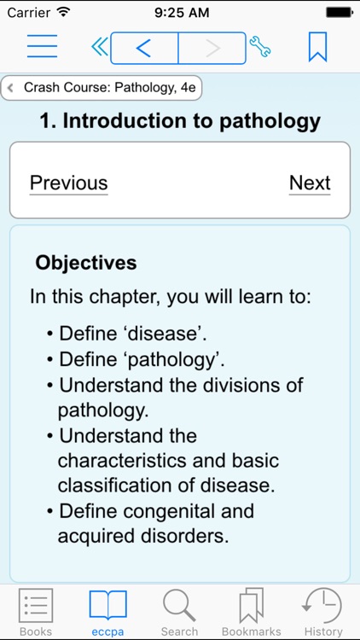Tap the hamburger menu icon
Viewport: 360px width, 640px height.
pyautogui.click(x=42, y=47)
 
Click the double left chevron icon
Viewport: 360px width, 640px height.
pyautogui.click(x=99, y=48)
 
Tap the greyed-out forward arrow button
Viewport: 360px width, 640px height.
pyautogui.click(x=212, y=49)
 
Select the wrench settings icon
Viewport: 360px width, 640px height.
pyautogui.click(x=259, y=48)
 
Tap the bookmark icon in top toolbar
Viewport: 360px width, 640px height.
pyautogui.click(x=317, y=47)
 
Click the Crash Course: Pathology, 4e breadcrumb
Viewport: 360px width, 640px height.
pyautogui.click(x=102, y=88)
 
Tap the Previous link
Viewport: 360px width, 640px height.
pyautogui.click(x=68, y=183)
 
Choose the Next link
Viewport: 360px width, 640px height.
pyautogui.click(x=310, y=183)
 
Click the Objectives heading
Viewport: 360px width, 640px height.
pyautogui.click(x=86, y=263)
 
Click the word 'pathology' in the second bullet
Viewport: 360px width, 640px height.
pyautogui.click(x=171, y=358)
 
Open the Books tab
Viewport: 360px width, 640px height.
pyautogui.click(x=36, y=611)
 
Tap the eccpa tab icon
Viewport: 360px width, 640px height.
pyautogui.click(x=107, y=606)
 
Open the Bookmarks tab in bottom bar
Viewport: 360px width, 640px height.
pyautogui.click(x=251, y=611)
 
